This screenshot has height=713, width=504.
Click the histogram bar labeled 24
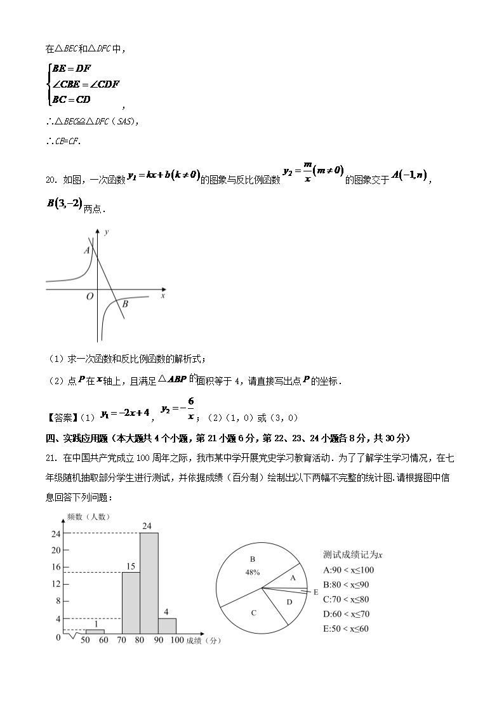(x=149, y=584)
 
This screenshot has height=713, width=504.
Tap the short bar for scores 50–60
(x=95, y=631)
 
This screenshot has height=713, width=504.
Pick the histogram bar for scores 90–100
(x=167, y=625)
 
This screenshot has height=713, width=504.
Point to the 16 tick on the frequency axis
(x=56, y=567)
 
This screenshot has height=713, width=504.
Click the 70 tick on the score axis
(x=121, y=641)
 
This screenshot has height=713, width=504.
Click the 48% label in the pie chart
(x=253, y=572)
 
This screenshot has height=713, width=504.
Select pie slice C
(x=253, y=613)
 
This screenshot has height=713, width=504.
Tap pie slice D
(x=289, y=602)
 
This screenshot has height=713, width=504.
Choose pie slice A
(x=293, y=578)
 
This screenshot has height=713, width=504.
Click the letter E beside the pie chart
(x=315, y=592)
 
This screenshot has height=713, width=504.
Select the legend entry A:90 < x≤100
(x=348, y=570)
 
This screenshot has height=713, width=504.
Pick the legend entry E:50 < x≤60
(x=346, y=629)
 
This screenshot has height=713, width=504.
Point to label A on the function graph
(x=86, y=251)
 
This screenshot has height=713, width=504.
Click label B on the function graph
(x=125, y=304)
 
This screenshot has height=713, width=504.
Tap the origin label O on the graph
(x=90, y=297)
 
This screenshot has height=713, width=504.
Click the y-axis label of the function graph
(x=106, y=232)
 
